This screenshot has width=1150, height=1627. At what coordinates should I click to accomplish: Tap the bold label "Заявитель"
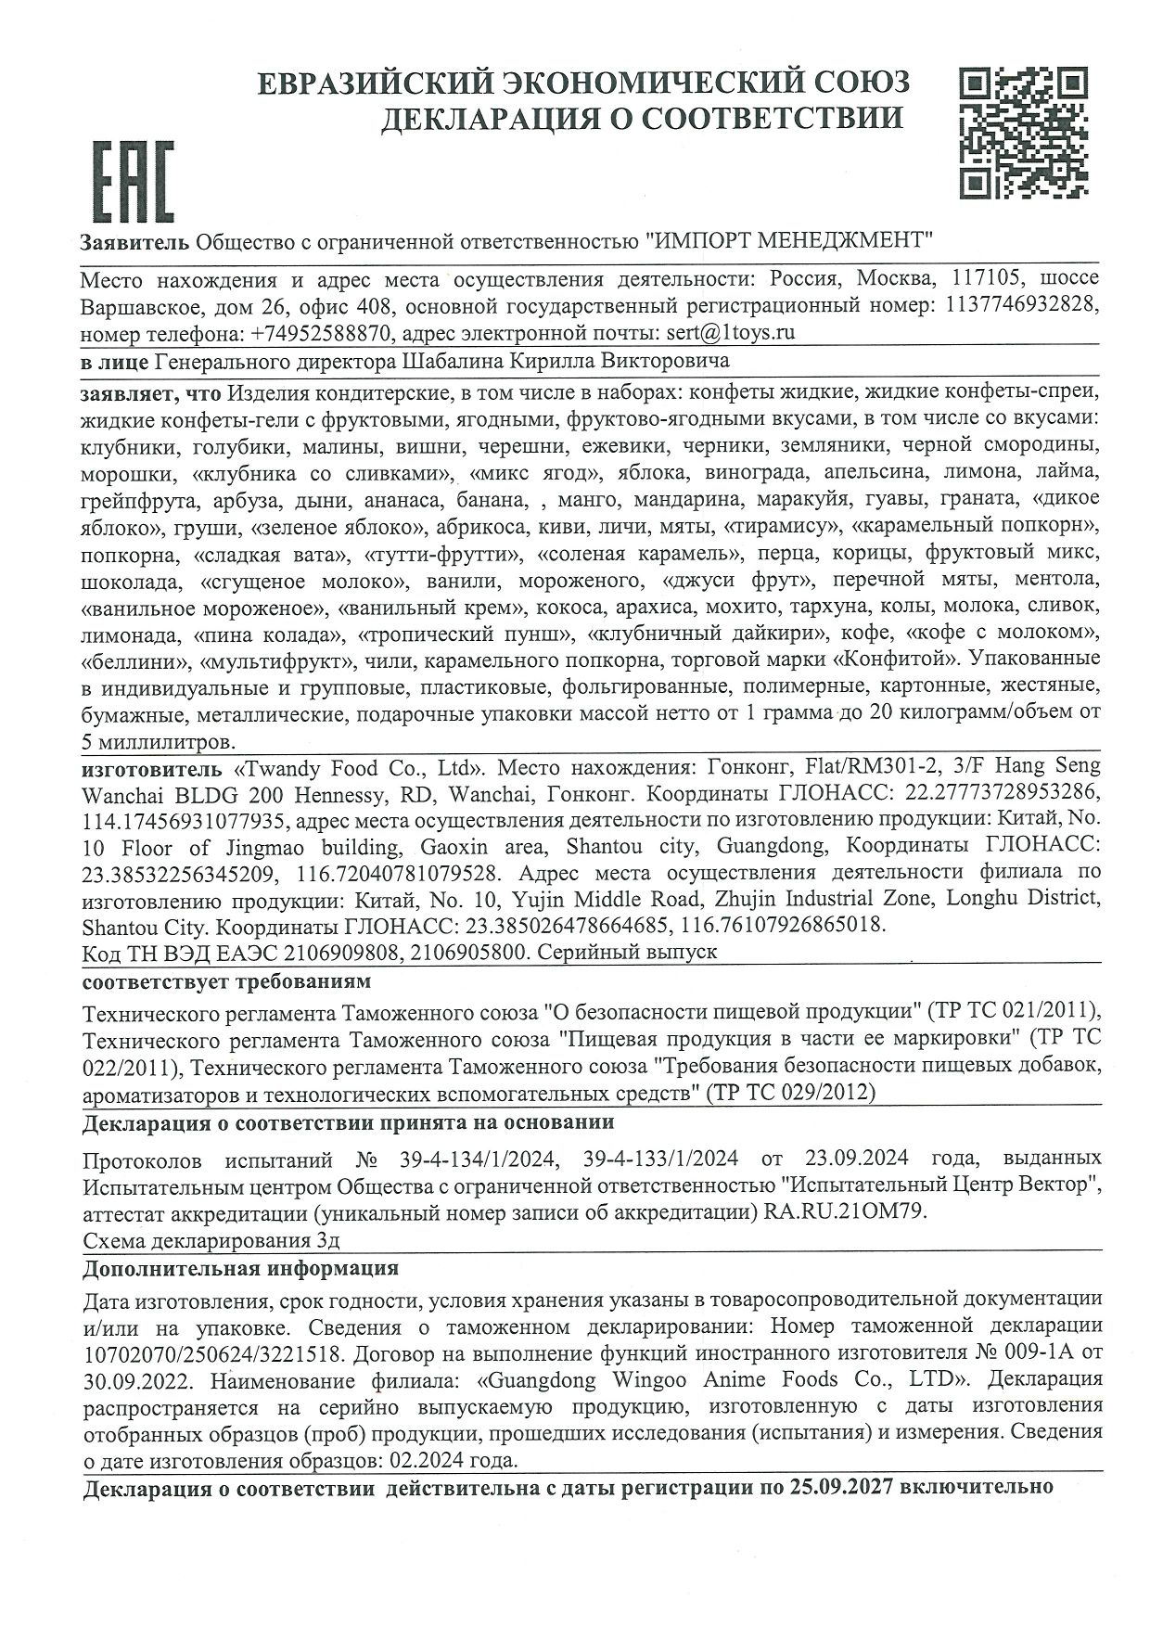(x=135, y=242)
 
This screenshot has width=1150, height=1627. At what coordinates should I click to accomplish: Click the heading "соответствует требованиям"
(x=226, y=980)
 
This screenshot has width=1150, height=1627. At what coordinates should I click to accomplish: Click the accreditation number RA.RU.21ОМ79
(x=841, y=1211)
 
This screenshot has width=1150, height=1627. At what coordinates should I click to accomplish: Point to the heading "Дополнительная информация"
(x=240, y=1268)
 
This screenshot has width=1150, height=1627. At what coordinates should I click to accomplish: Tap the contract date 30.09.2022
(x=137, y=1378)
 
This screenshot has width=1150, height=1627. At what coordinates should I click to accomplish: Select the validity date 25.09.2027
(x=839, y=1488)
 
